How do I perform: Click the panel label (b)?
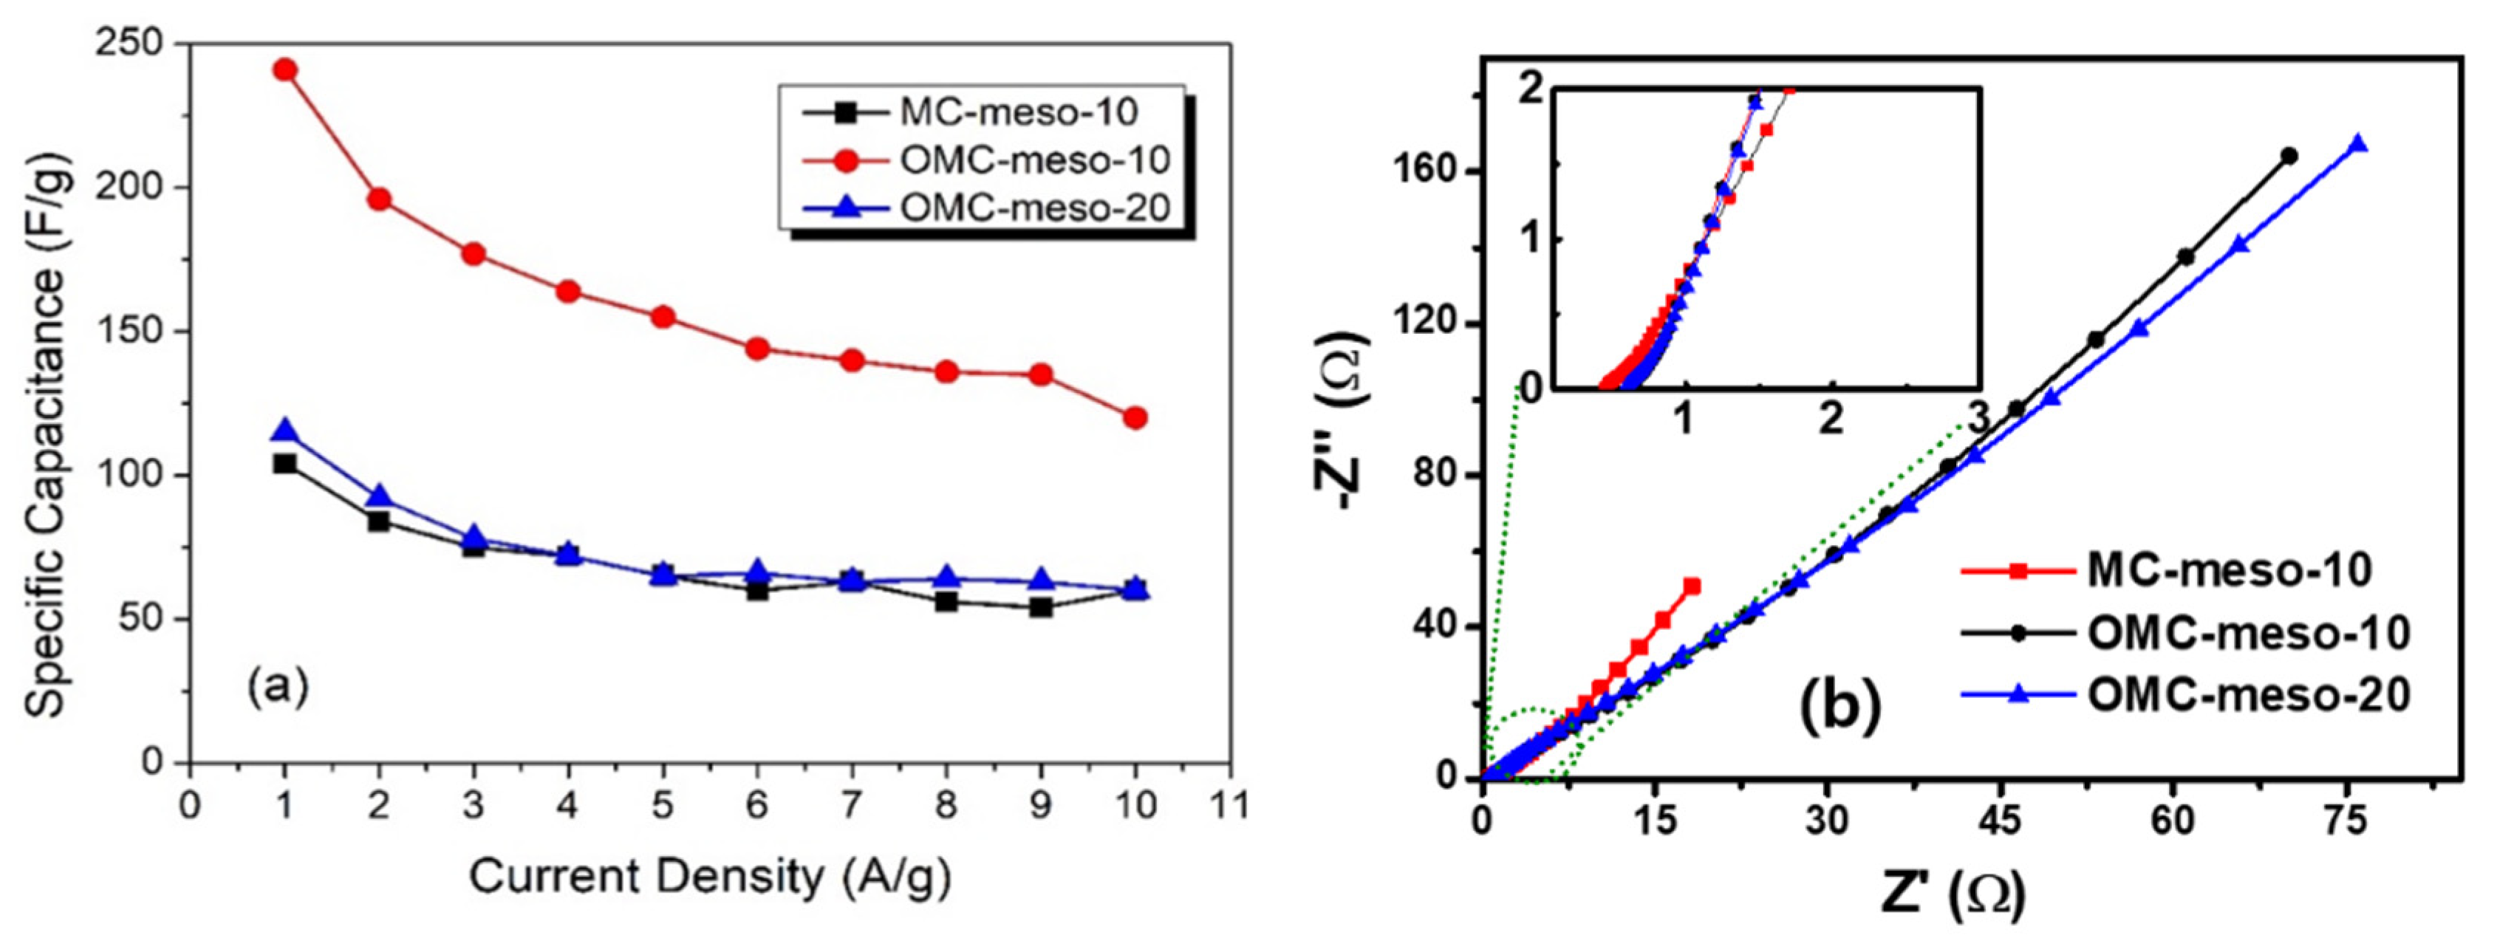tap(1839, 705)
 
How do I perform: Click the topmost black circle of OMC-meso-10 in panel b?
tap(2289, 155)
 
